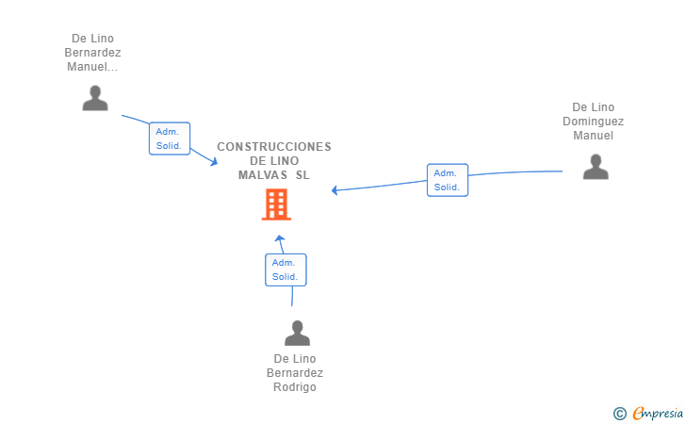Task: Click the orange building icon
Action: click(x=276, y=204)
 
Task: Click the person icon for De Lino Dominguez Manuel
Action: click(x=596, y=167)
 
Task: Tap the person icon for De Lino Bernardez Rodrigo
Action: click(x=297, y=333)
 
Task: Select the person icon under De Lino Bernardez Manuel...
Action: click(x=95, y=98)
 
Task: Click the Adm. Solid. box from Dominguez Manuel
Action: click(x=447, y=180)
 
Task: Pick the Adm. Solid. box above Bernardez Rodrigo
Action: click(x=286, y=269)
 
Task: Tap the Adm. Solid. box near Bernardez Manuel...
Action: click(x=170, y=139)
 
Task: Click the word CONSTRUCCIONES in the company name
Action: click(x=274, y=147)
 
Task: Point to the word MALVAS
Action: click(x=263, y=175)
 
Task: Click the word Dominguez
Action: click(x=594, y=122)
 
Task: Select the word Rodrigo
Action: click(x=295, y=387)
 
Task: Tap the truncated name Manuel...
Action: click(x=92, y=67)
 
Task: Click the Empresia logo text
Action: click(x=658, y=413)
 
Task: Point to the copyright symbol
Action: click(x=619, y=414)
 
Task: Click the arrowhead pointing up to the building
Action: click(x=280, y=239)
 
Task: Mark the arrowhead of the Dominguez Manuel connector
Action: click(x=335, y=190)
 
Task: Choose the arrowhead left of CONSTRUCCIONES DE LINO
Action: click(x=214, y=161)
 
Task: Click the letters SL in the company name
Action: click(x=302, y=175)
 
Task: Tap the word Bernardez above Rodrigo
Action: click(x=295, y=373)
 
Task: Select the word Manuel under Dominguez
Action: click(x=594, y=135)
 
